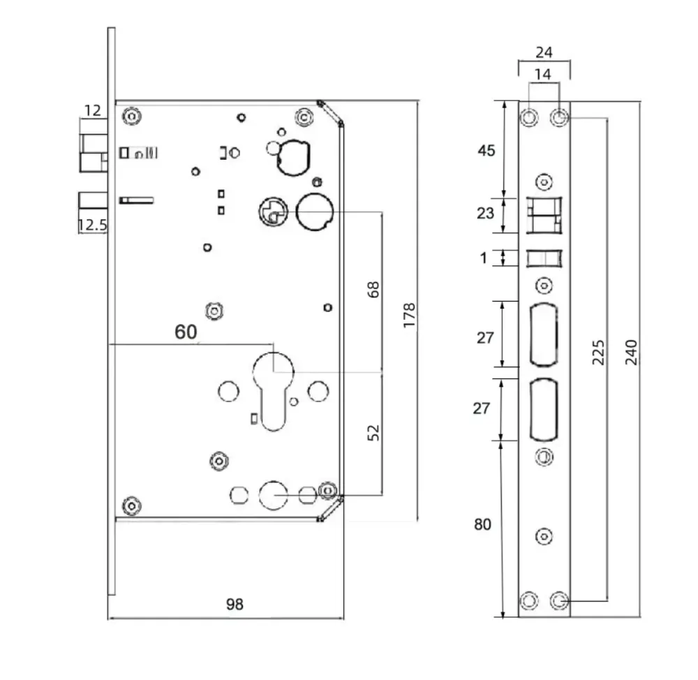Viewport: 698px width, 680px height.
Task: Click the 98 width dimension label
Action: coord(235,604)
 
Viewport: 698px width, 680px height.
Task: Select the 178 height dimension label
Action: coord(409,316)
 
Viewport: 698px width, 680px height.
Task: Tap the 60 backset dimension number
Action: coord(186,332)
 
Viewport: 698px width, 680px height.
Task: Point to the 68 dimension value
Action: coord(374,290)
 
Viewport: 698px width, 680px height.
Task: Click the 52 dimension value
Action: coord(374,432)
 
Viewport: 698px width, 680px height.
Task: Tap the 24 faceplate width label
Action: coord(544,52)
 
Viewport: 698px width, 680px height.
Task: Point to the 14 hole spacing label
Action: coord(544,74)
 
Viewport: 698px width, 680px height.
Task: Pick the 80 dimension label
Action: coord(482,525)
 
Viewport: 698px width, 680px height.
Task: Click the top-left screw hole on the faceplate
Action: coord(530,117)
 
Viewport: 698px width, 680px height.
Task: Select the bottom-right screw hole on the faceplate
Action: coord(558,600)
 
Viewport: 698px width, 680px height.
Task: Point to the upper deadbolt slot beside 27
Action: coord(544,334)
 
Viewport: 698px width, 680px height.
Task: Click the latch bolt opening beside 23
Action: coord(544,214)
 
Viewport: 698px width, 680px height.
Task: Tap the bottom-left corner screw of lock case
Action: coord(131,505)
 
